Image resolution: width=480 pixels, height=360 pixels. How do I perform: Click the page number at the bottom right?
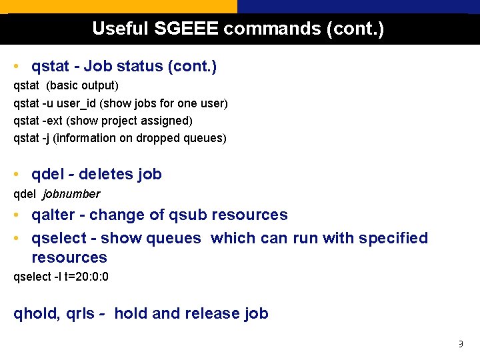point(459,345)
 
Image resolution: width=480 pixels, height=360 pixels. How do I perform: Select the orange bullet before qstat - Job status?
point(15,67)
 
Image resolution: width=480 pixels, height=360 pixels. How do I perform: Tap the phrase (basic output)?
point(82,86)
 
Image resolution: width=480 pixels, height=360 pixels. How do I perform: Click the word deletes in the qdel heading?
point(106,175)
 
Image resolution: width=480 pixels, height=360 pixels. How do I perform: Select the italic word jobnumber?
point(71,194)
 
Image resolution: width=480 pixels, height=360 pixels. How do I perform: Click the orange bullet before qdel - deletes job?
point(15,175)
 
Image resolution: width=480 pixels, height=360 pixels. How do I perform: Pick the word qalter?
point(53,215)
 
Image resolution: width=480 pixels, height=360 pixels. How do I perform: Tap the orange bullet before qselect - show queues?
point(15,239)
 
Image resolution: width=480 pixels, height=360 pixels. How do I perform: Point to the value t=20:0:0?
point(87,277)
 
